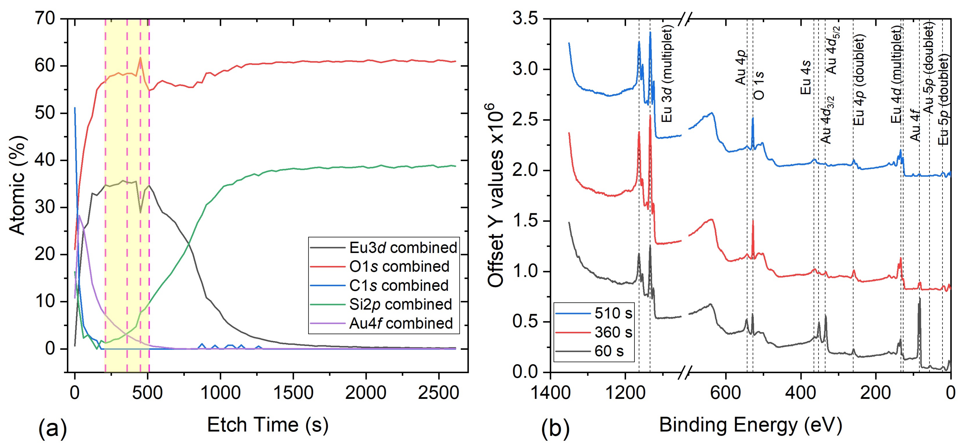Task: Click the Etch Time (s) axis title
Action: click(x=268, y=425)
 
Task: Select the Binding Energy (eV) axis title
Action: click(x=751, y=425)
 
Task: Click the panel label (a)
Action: click(x=52, y=428)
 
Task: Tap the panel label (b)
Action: click(x=555, y=428)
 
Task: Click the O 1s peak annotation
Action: click(x=759, y=86)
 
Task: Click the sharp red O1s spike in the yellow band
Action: click(x=140, y=58)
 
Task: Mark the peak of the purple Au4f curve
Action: click(x=79, y=215)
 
